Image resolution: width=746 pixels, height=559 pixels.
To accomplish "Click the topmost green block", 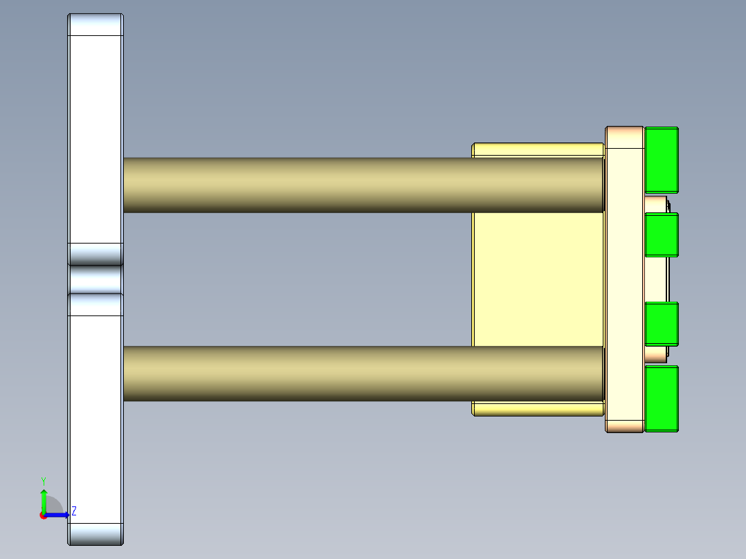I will point(661,160).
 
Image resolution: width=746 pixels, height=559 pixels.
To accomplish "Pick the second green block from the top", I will point(661,235).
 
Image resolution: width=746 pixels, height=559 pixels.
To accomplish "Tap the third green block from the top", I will point(661,324).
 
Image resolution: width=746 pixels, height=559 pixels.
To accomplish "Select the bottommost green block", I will point(661,398).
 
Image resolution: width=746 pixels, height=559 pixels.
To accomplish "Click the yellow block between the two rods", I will point(536,278).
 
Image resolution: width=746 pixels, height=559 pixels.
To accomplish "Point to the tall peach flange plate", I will point(624,279).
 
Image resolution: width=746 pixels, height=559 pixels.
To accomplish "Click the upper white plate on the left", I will point(95,138).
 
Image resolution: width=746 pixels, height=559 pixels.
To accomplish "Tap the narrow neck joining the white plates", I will point(95,279).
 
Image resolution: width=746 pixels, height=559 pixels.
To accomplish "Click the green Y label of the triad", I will point(43,480).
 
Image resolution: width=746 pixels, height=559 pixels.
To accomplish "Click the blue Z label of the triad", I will point(74,511).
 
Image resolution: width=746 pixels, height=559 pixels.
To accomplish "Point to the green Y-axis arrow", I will point(44,500).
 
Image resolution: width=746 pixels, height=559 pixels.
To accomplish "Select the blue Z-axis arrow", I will point(58,515).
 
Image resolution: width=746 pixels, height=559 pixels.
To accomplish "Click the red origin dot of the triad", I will point(43,515).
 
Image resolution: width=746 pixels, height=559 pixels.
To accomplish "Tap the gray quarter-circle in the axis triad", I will point(54,505).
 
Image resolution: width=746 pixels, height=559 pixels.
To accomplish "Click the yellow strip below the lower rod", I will point(536,408).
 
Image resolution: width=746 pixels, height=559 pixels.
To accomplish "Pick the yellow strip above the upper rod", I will point(536,150).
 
